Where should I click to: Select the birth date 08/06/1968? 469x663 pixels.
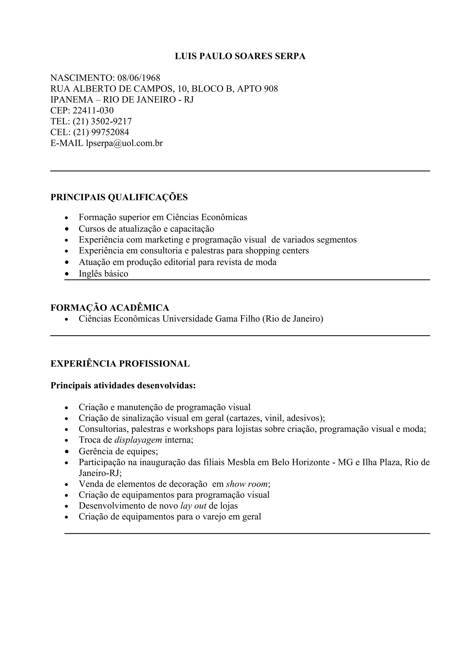[139, 78]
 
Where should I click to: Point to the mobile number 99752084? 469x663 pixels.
[110, 132]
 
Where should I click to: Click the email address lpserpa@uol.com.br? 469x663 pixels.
[124, 143]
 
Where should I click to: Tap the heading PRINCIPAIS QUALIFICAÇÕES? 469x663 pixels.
[119, 197]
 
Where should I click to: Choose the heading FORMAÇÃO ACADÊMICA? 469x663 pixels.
[110, 308]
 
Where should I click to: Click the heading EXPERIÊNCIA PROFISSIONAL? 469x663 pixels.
[120, 364]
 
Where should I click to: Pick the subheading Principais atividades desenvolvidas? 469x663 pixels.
[123, 385]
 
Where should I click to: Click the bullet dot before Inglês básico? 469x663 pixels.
[67, 274]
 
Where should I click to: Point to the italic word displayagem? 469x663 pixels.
[138, 440]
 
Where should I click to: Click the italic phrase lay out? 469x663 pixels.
[193, 506]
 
